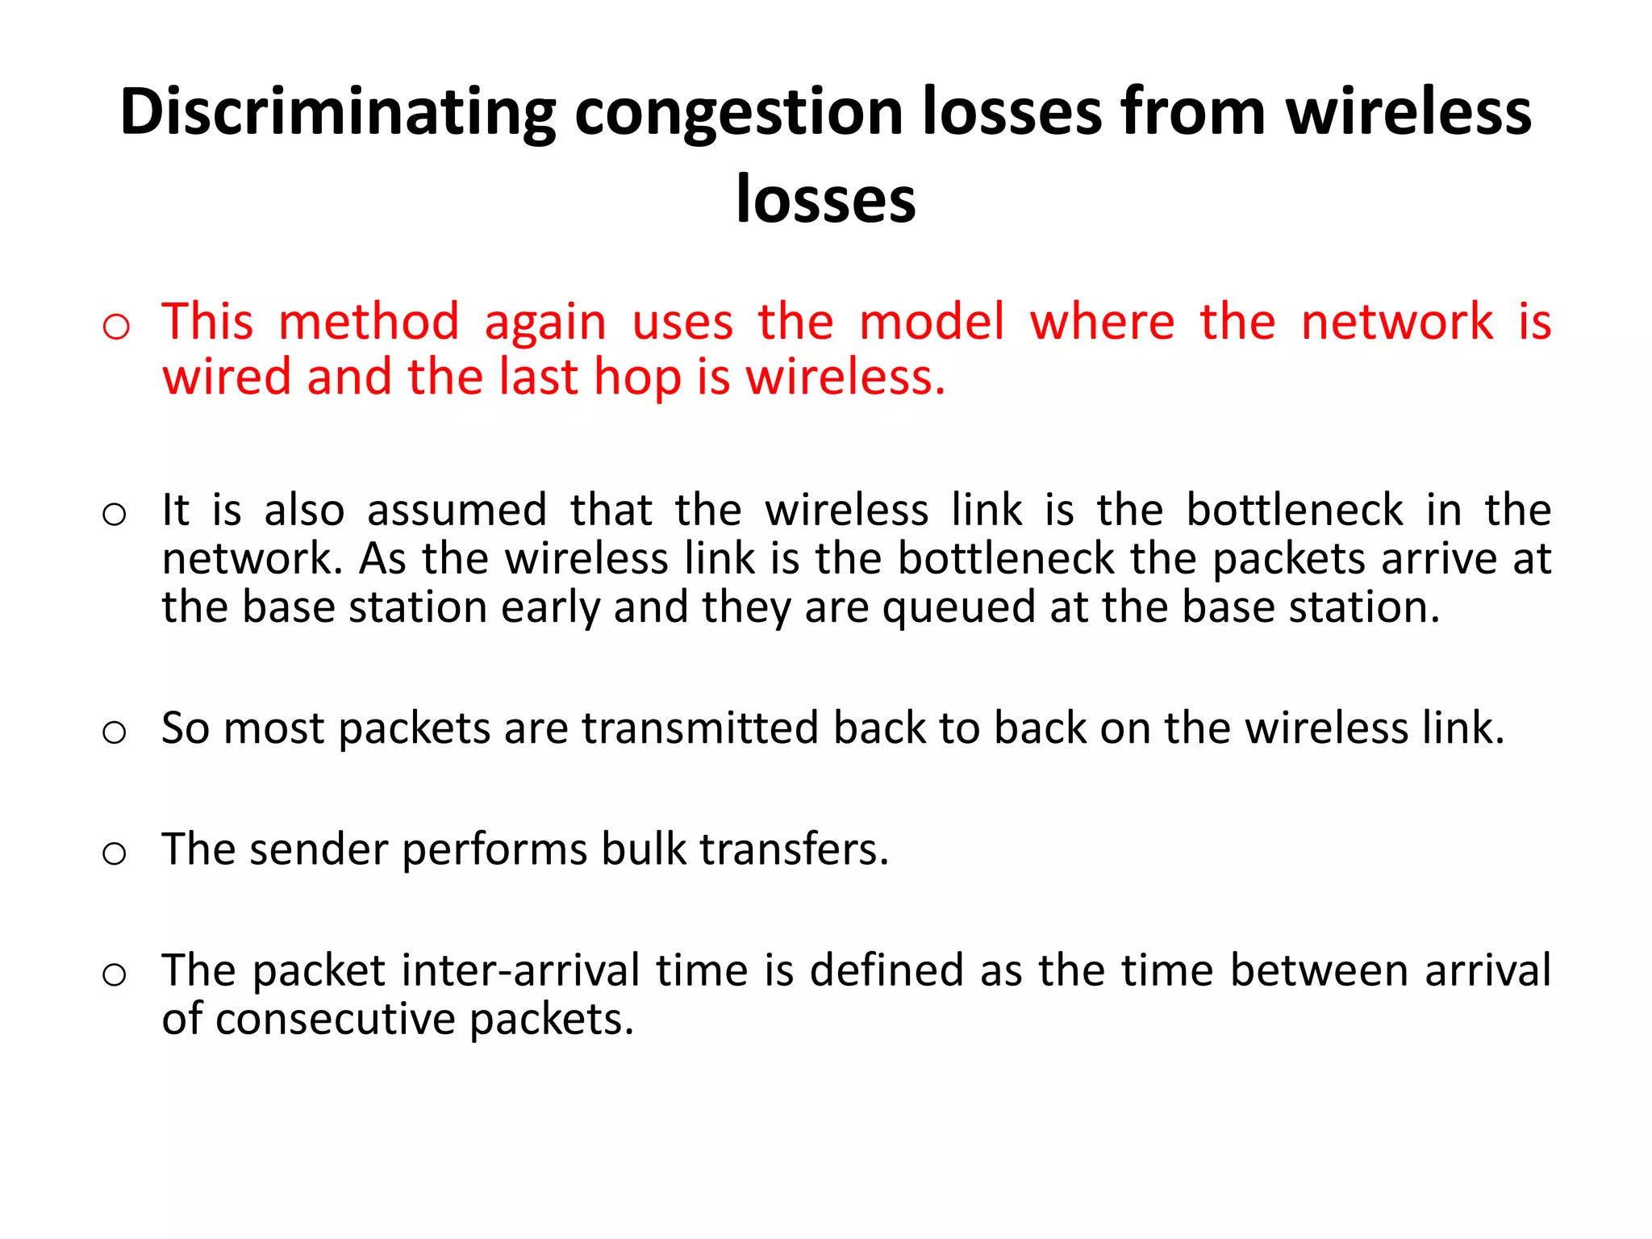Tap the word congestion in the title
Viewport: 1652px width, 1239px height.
[x=737, y=113]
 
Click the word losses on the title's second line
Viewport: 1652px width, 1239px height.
[x=826, y=199]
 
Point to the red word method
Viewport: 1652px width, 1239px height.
[x=369, y=322]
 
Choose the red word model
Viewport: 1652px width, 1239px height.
[x=932, y=322]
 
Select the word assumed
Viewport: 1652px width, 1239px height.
[x=457, y=511]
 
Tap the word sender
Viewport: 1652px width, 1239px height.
[x=319, y=849]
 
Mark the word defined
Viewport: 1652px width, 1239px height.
[x=886, y=970]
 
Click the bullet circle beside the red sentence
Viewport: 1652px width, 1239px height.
[x=116, y=327]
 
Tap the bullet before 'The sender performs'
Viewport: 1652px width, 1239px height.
[x=115, y=853]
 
